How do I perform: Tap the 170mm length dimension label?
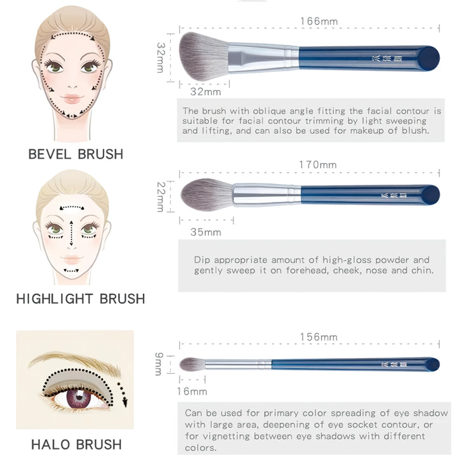[x=317, y=165]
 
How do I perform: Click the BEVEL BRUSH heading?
[x=76, y=154]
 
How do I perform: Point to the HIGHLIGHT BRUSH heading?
[x=81, y=298]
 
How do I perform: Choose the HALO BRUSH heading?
[x=76, y=444]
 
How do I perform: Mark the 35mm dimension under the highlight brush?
[x=206, y=232]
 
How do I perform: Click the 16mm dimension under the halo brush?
[x=192, y=392]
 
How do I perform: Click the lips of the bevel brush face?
[x=72, y=99]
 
